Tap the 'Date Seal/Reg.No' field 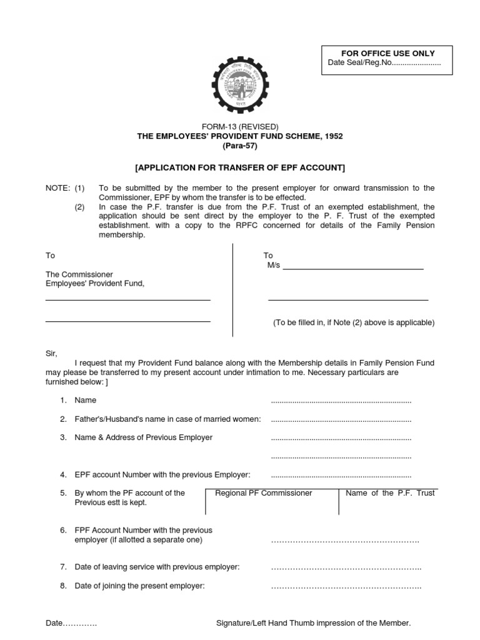(x=384, y=64)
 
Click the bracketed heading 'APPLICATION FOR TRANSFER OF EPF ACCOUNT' (x=240, y=167)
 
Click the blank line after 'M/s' (x=353, y=267)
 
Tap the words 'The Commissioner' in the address (x=79, y=274)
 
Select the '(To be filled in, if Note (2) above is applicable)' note (x=353, y=322)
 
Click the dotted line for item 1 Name (x=341, y=401)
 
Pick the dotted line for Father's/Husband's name (x=341, y=419)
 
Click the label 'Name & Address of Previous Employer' (x=143, y=437)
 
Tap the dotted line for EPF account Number (x=341, y=476)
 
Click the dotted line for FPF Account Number (x=344, y=540)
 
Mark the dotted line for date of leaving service (x=346, y=567)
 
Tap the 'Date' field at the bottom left (x=71, y=623)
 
